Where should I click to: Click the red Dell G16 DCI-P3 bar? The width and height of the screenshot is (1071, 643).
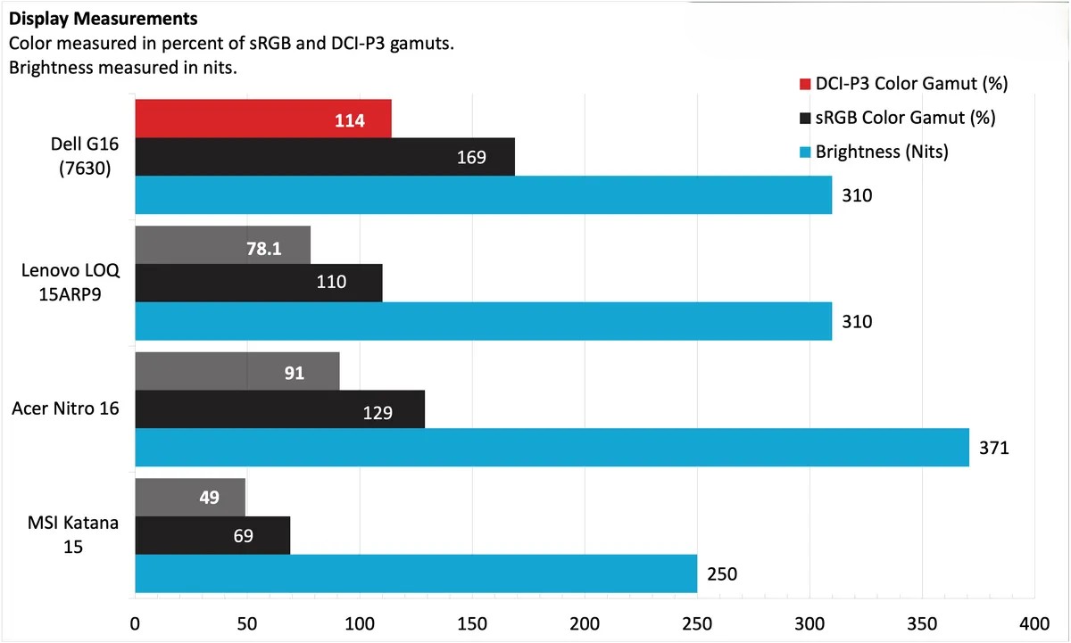click(x=262, y=120)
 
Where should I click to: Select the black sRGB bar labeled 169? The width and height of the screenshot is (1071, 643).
click(x=325, y=157)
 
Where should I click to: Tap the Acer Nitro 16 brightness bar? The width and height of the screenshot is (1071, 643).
click(x=552, y=447)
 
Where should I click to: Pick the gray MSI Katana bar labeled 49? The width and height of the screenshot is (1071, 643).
click(x=190, y=498)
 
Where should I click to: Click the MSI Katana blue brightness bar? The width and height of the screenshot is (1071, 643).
click(x=415, y=573)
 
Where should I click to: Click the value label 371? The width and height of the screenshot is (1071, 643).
click(x=994, y=448)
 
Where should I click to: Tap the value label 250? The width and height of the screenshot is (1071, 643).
click(x=722, y=574)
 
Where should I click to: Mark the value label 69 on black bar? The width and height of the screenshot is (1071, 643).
click(x=243, y=536)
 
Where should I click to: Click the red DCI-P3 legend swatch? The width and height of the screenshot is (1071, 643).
click(x=805, y=85)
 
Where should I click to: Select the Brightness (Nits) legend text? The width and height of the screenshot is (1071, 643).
click(x=882, y=152)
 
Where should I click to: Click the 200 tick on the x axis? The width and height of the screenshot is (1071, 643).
click(x=585, y=622)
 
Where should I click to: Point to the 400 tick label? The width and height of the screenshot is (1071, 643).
click(x=1034, y=622)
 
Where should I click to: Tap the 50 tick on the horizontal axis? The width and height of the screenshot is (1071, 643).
click(x=247, y=622)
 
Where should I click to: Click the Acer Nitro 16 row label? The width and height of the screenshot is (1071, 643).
click(x=66, y=409)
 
